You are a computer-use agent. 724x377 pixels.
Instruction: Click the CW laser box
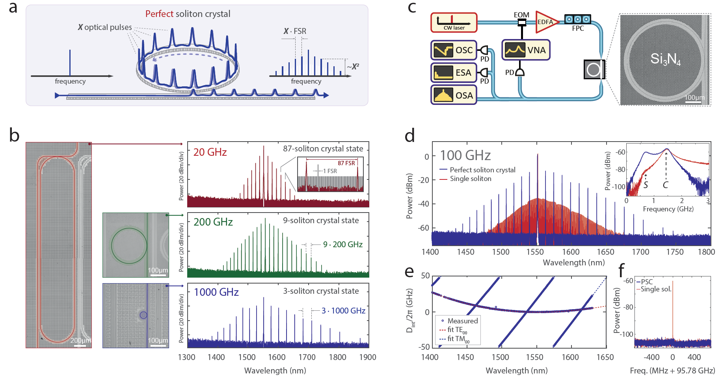pyautogui.click(x=454, y=22)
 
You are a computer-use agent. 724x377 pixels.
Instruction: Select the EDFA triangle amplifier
pyautogui.click(x=547, y=22)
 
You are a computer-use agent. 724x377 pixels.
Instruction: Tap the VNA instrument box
pyautogui.click(x=526, y=50)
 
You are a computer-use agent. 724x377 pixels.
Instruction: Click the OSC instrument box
pyautogui.click(x=454, y=50)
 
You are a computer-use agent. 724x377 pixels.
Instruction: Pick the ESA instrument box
pyautogui.click(x=454, y=73)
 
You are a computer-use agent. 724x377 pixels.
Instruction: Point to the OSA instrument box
pyautogui.click(x=454, y=95)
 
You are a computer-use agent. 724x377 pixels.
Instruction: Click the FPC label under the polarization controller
pyautogui.click(x=578, y=28)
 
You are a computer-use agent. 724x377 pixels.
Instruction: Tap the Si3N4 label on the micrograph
pyautogui.click(x=665, y=59)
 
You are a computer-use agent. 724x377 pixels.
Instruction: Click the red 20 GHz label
pyautogui.click(x=210, y=152)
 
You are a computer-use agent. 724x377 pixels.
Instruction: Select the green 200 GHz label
pyautogui.click(x=213, y=222)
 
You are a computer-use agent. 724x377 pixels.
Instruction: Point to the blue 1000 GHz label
pyautogui.click(x=216, y=292)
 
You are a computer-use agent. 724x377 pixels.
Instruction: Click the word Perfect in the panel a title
pyautogui.click(x=159, y=14)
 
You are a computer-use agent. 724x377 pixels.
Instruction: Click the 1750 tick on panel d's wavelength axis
pyautogui.click(x=675, y=252)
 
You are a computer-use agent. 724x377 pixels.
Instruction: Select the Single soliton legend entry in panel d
pyautogui.click(x=465, y=179)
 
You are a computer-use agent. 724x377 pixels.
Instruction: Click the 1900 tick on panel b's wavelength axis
pyautogui.click(x=368, y=357)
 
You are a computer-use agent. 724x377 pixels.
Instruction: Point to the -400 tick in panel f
pyautogui.click(x=651, y=357)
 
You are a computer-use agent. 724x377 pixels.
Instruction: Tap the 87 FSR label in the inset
pyautogui.click(x=346, y=163)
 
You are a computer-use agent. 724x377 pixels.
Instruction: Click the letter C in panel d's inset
pyautogui.click(x=665, y=185)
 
